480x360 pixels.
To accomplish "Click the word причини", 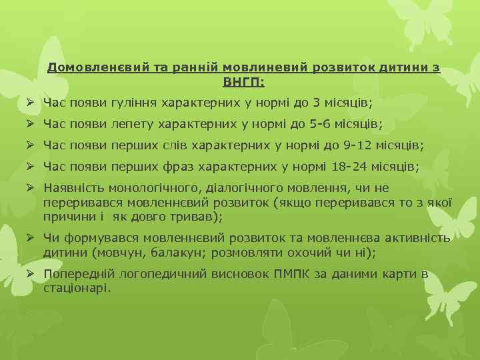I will coord(64,217).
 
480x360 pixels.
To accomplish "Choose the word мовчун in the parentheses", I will coord(115,253).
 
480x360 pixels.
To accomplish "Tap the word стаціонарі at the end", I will coord(77,288).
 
